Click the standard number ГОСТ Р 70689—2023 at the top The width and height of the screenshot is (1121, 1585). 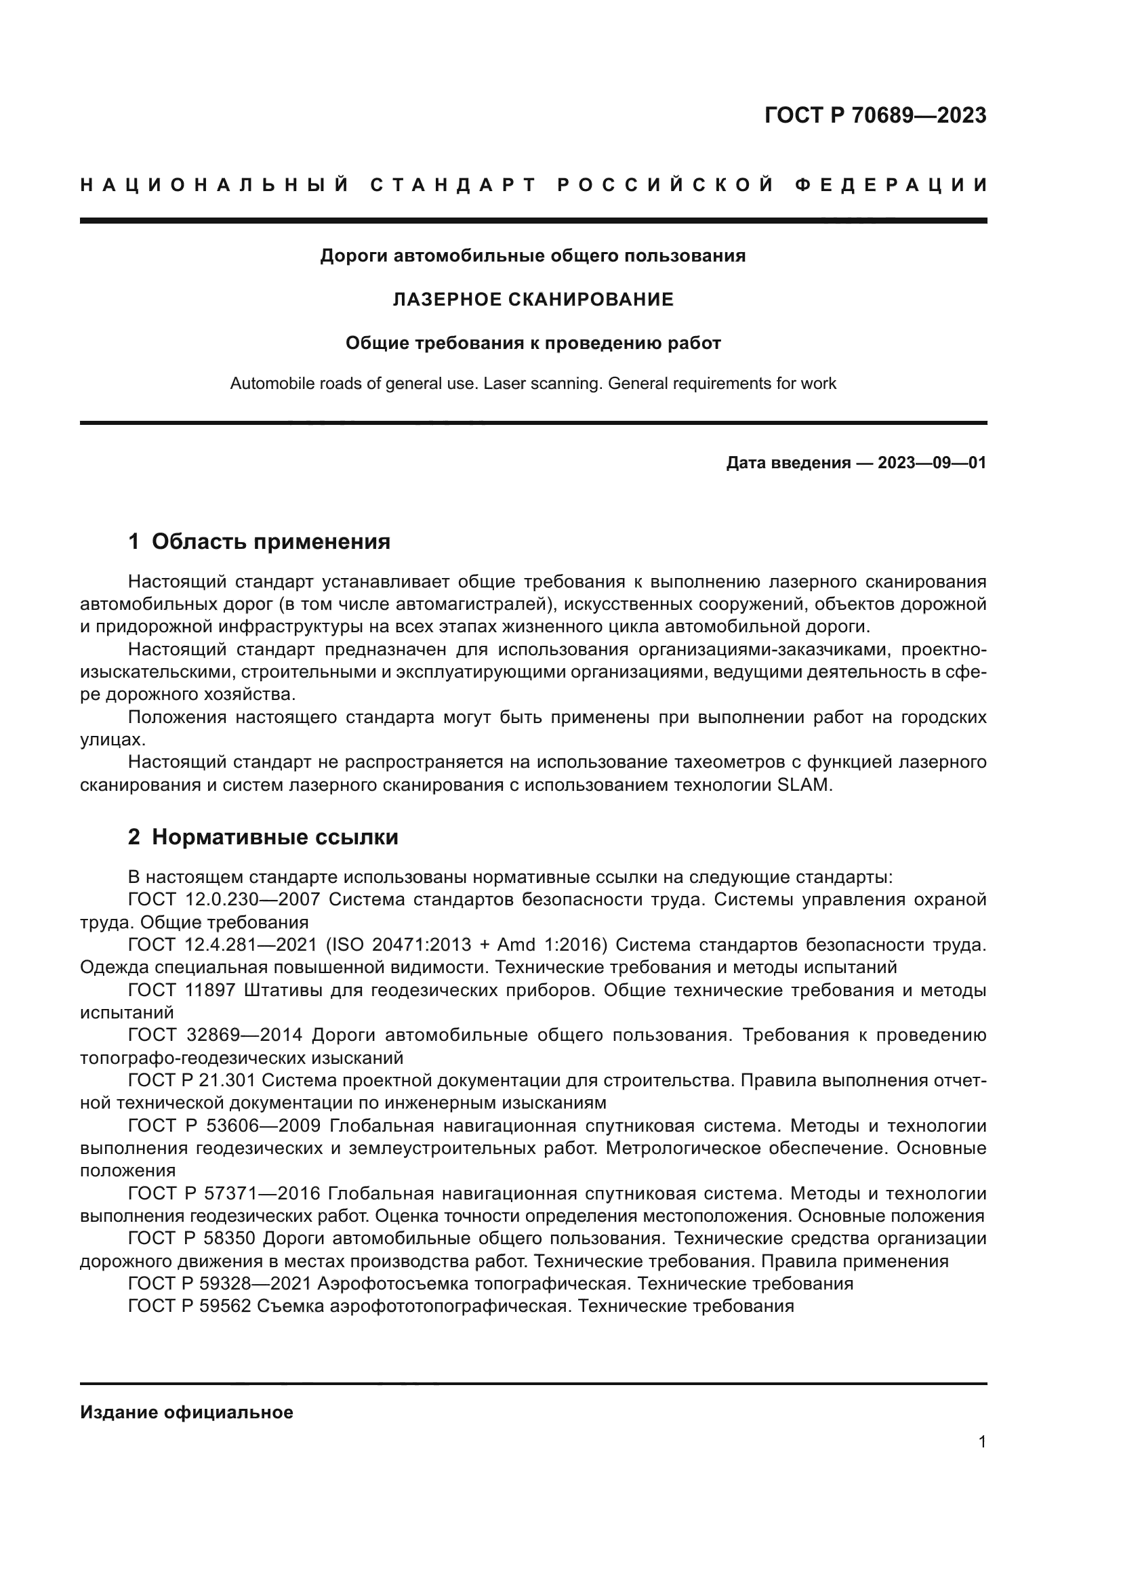(874, 115)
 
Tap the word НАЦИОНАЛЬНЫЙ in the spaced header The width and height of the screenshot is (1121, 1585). (215, 186)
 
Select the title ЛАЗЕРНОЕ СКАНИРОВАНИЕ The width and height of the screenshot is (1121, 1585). (532, 300)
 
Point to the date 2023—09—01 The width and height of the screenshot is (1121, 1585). (931, 463)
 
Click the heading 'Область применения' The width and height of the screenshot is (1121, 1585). (270, 542)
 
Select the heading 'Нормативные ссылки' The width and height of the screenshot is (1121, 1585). (274, 838)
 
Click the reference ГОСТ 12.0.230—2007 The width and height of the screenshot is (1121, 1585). (224, 900)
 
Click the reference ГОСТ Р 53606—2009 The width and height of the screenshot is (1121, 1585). (224, 1126)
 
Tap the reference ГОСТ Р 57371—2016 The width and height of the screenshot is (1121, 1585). (224, 1193)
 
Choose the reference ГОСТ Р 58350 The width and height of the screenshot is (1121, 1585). (191, 1239)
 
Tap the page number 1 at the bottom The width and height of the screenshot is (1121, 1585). (981, 1442)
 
